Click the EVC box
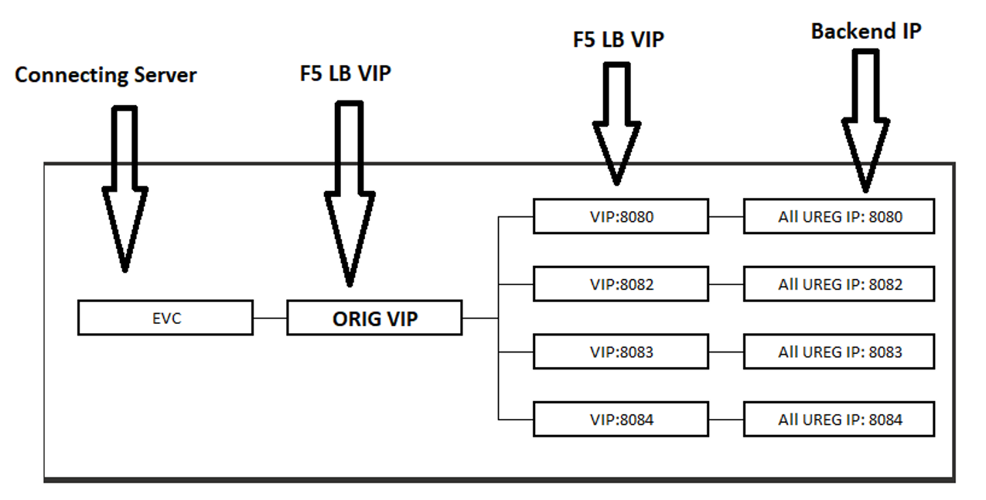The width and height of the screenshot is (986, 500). tap(165, 318)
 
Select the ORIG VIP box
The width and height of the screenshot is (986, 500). tap(374, 318)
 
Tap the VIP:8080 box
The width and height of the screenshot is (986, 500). tap(620, 216)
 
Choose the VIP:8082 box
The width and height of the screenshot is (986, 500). tap(620, 284)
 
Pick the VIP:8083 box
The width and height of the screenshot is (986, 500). tap(620, 352)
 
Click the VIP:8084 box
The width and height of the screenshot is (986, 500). tap(620, 420)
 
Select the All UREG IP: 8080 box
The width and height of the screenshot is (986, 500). tap(839, 216)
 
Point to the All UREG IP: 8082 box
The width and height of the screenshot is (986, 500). tap(839, 284)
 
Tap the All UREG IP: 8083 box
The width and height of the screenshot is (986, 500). tap(839, 352)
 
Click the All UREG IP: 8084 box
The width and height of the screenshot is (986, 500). tap(839, 420)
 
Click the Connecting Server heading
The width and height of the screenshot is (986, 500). tap(106, 75)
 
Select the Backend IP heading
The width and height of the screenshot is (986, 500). tap(866, 31)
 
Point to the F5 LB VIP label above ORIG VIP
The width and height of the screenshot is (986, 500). tap(345, 73)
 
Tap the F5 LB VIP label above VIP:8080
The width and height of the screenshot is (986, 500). tap(618, 39)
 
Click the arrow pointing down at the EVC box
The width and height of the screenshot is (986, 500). tap(125, 193)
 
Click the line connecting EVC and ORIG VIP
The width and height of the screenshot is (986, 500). tap(269, 318)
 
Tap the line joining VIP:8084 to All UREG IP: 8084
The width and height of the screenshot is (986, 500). tap(725, 420)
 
